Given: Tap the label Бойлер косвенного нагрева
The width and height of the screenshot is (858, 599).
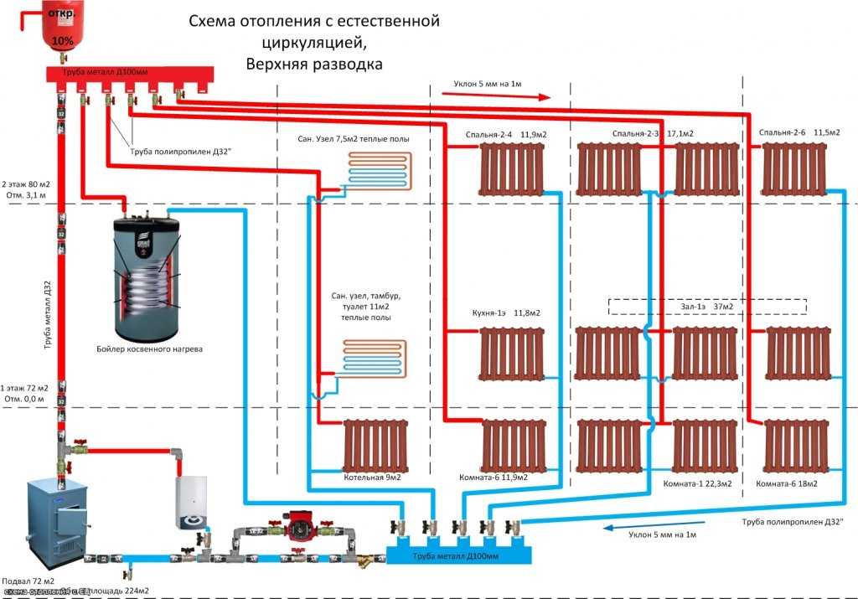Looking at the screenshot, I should point(148,348).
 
